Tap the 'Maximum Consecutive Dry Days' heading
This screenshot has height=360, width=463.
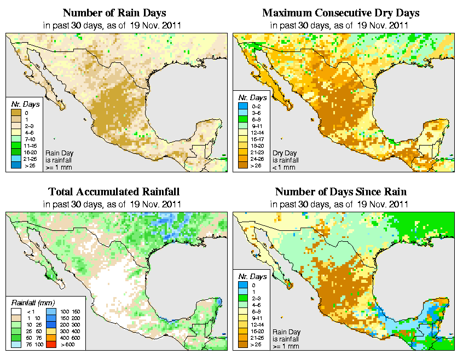(x=340, y=13)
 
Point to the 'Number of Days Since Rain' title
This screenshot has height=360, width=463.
(x=340, y=191)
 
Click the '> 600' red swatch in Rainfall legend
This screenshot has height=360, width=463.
(x=51, y=344)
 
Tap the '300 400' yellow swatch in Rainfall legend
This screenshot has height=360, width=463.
(x=51, y=331)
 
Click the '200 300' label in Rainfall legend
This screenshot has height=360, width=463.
(x=69, y=324)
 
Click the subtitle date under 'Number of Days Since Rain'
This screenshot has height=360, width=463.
(x=340, y=205)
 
